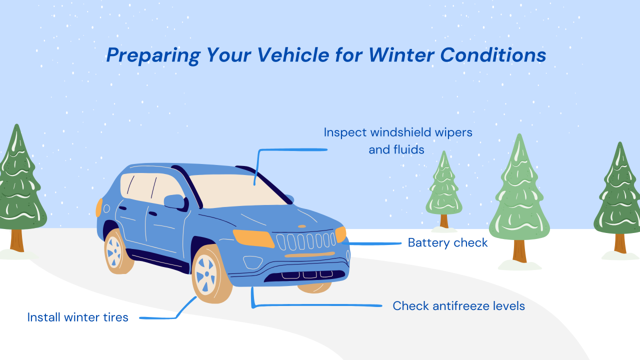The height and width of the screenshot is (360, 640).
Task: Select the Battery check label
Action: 447,243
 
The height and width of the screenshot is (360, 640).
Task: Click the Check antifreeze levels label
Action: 458,305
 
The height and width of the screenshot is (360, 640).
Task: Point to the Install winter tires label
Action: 77,317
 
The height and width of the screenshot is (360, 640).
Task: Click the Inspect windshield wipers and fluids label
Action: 397,140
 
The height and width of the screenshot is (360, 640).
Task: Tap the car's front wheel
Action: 206,274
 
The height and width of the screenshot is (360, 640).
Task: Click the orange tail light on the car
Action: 99,207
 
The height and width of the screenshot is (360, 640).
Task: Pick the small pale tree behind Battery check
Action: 443,190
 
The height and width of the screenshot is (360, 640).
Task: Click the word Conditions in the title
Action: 493,55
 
